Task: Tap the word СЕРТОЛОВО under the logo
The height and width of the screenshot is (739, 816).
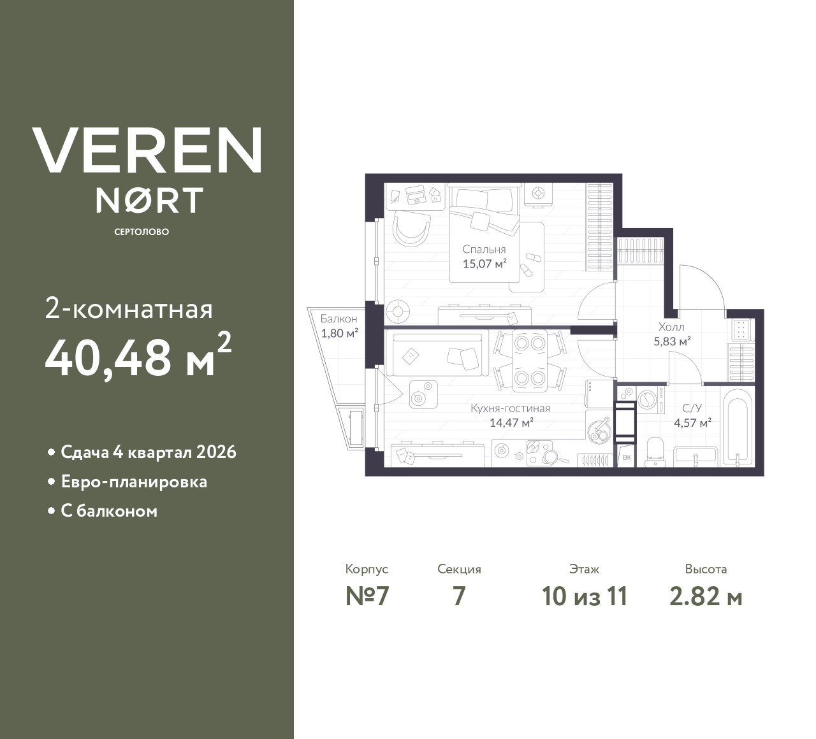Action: [142, 232]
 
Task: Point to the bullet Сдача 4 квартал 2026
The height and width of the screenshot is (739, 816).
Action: [148, 452]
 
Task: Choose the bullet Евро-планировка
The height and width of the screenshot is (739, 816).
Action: [134, 482]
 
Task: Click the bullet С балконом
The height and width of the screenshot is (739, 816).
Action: [109, 511]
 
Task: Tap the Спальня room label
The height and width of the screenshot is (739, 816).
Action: [484, 250]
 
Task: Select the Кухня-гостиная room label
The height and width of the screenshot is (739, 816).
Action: [510, 408]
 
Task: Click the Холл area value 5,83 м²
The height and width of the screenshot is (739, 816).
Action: [673, 341]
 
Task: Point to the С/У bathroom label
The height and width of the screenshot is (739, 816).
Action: [692, 408]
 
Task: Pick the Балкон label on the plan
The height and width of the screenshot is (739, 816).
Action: [339, 319]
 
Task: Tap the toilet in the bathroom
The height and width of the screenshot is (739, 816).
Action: [655, 450]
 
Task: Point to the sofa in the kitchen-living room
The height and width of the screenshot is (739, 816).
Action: [436, 354]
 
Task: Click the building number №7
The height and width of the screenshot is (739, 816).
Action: [367, 596]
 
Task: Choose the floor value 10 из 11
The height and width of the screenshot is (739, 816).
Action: [585, 596]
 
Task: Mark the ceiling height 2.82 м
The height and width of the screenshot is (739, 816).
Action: [706, 596]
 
